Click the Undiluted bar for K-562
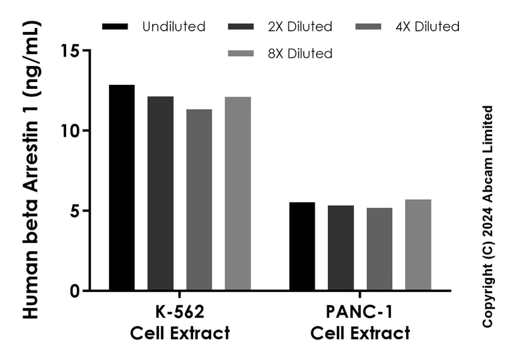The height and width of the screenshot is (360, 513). click(x=122, y=188)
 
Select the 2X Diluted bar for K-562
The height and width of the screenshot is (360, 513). click(x=160, y=194)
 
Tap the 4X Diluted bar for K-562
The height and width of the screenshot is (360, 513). click(x=199, y=200)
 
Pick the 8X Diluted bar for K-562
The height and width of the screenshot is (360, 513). click(x=238, y=194)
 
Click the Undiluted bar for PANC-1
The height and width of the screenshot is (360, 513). click(x=302, y=246)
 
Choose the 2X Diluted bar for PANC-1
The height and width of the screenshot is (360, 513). click(x=341, y=248)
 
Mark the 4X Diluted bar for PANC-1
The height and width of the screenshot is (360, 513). click(x=379, y=249)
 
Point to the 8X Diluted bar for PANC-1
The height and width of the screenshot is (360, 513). click(x=418, y=245)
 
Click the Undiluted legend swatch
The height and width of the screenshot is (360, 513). click(x=115, y=27)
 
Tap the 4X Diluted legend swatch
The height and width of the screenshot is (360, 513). click(x=367, y=27)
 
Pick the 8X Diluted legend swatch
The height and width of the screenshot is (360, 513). click(x=241, y=53)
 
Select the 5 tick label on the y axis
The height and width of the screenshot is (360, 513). click(x=75, y=211)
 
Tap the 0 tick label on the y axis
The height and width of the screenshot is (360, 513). click(x=75, y=291)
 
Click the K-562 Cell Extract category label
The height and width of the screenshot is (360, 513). click(x=180, y=323)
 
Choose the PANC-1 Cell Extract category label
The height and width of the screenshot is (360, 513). click(x=360, y=323)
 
